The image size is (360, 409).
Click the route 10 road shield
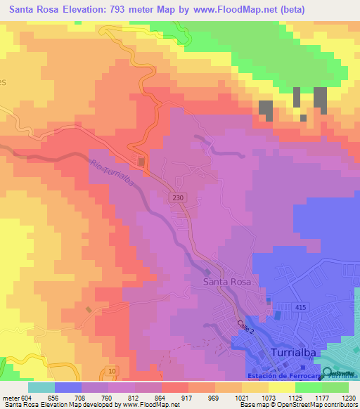(x=112, y=370)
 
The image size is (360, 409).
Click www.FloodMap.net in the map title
(x=232, y=9)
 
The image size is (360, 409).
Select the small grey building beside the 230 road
(x=142, y=162)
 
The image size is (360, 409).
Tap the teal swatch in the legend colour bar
(x=41, y=387)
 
